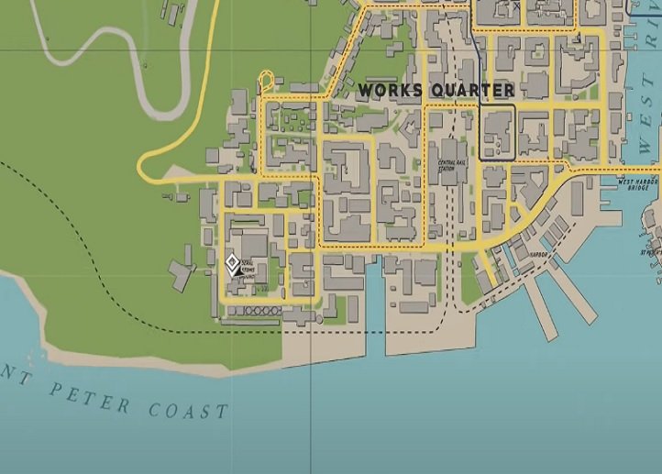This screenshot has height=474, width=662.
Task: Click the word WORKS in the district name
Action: coord(389,91)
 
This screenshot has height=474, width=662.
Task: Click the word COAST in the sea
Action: coord(189,407)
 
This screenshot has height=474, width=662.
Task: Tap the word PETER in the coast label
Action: coord(89,395)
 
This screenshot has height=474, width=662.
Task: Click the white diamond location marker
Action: coord(232,264)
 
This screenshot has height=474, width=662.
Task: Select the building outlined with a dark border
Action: coord(497,134)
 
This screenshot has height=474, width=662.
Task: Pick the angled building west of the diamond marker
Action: coord(182,273)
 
